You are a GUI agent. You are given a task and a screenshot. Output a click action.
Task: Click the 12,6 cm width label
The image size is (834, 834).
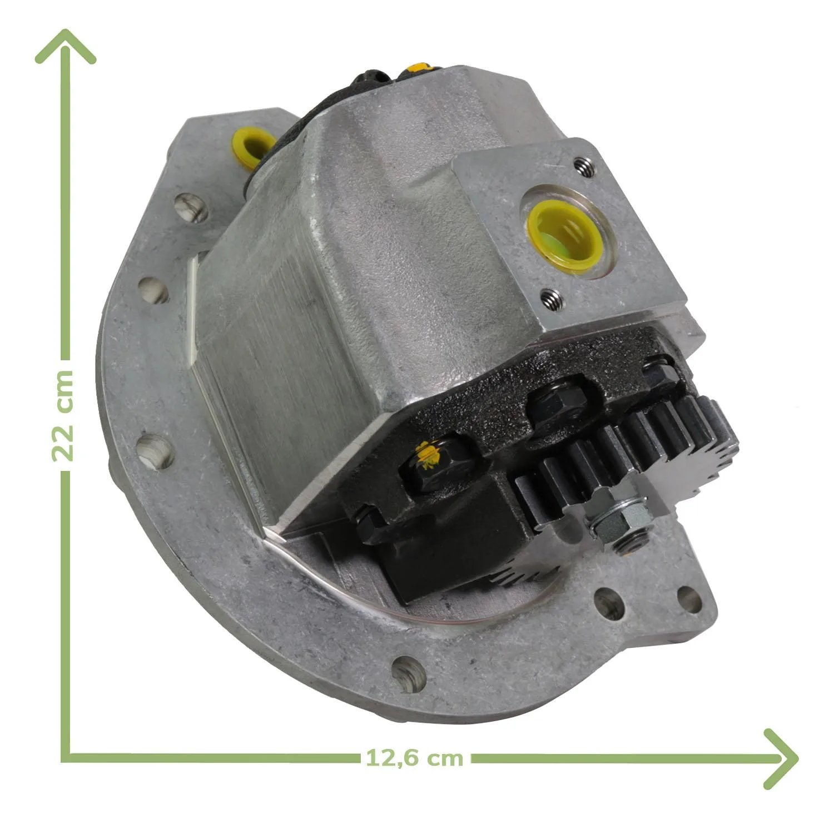414,758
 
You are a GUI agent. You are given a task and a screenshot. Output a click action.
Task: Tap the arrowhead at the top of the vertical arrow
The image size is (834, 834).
66,46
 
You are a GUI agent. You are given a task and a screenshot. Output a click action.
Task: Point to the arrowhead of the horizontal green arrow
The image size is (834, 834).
781,758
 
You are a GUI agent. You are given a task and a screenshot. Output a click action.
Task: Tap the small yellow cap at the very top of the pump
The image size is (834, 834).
418,68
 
